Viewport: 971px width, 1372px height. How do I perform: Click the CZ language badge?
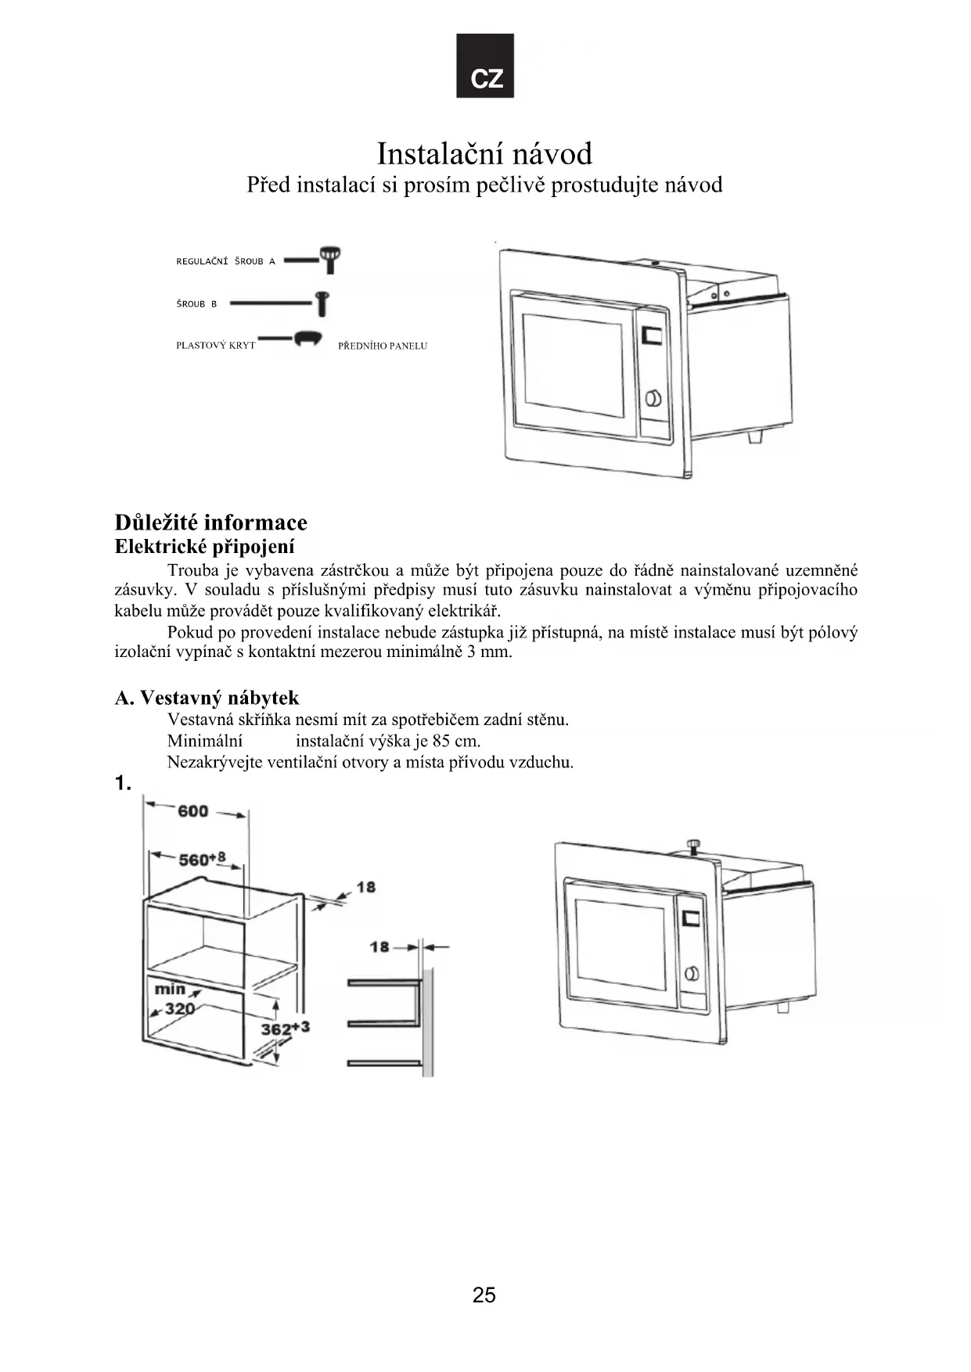tap(485, 66)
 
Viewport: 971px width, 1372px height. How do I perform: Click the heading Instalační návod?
tap(484, 154)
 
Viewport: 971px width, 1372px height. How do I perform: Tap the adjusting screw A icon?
tap(330, 259)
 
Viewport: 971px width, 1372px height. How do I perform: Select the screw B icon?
tap(322, 303)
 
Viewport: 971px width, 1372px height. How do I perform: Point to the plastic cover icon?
tap(307, 339)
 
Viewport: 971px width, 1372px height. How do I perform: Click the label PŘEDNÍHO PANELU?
tap(382, 346)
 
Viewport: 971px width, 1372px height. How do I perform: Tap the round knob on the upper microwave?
tap(653, 398)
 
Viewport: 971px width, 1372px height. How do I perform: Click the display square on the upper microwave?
tap(651, 335)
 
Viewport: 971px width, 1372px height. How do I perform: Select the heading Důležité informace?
tap(210, 523)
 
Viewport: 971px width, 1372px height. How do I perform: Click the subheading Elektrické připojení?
tap(204, 547)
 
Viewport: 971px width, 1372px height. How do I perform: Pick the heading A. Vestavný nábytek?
tap(207, 698)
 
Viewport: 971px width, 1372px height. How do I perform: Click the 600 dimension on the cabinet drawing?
tap(192, 811)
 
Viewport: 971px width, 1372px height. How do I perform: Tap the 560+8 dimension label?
tap(202, 859)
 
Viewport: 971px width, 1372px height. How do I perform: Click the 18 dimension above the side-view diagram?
tap(379, 947)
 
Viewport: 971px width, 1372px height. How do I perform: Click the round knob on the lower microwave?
tap(691, 973)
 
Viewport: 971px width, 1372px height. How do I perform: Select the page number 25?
tap(484, 1295)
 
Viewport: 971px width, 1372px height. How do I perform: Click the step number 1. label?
tap(123, 784)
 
